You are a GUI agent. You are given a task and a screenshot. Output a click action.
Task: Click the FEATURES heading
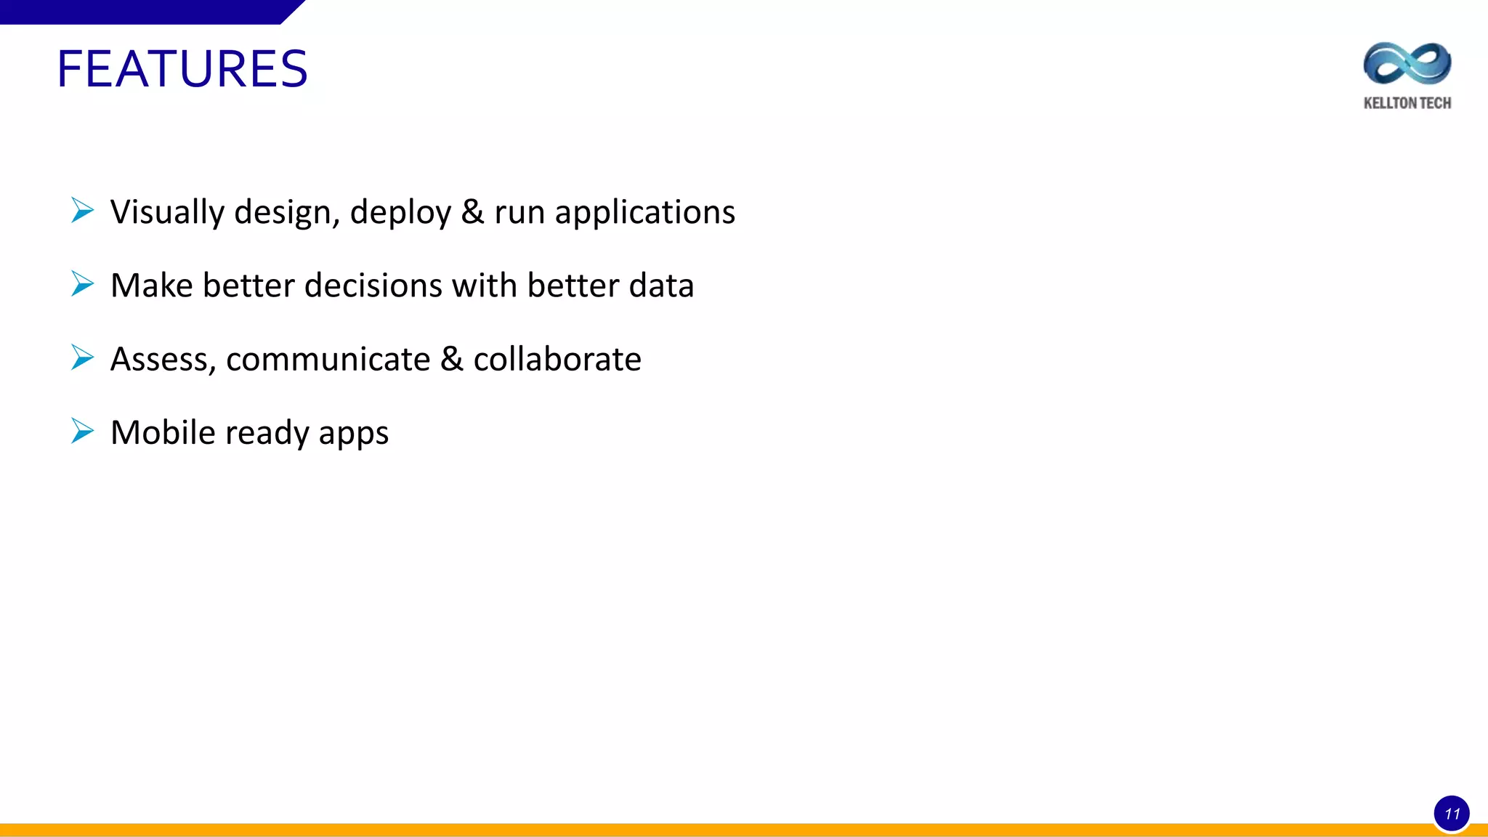tap(182, 69)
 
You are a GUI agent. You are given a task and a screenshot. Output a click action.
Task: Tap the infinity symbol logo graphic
tap(1407, 64)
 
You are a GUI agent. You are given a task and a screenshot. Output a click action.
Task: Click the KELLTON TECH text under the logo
tap(1407, 103)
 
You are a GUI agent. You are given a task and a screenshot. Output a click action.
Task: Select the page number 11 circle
tap(1452, 814)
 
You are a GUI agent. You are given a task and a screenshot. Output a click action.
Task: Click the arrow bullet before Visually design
tap(83, 211)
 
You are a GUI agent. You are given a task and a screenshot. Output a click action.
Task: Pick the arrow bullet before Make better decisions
tap(83, 284)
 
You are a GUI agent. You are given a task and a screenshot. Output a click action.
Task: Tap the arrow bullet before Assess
tap(83, 357)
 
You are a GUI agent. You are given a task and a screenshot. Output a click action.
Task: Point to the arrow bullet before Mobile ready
tap(83, 431)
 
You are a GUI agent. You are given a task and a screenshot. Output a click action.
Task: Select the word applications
tap(644, 212)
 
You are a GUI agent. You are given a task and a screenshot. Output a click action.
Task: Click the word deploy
tap(400, 212)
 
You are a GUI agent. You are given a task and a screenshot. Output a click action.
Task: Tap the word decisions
tap(373, 286)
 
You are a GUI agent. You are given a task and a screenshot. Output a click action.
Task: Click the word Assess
tap(163, 360)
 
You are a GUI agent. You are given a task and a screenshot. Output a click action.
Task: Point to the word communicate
tap(328, 360)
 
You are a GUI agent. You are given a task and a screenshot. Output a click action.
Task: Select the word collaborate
tap(557, 360)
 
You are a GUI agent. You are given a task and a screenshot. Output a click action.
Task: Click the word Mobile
tap(163, 432)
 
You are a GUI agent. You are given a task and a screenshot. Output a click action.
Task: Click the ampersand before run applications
tap(472, 212)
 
